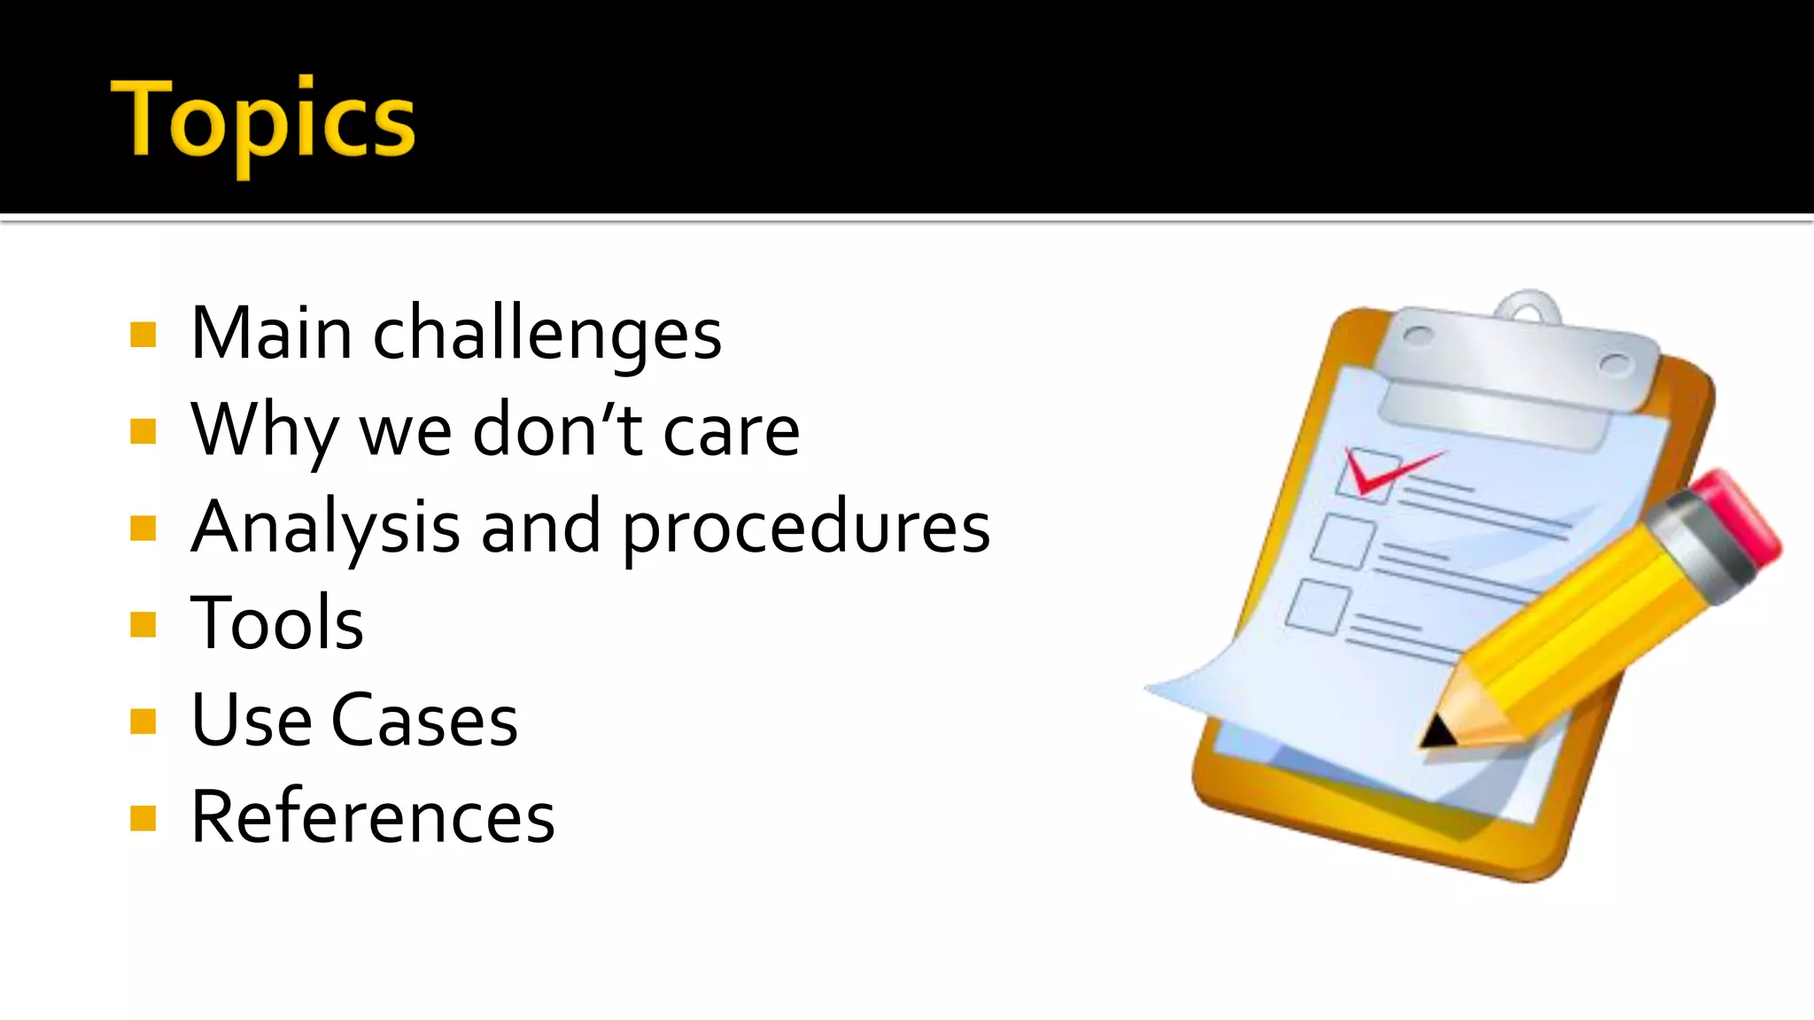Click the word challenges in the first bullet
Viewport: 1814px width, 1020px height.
coord(547,336)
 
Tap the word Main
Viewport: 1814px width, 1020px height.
coord(271,334)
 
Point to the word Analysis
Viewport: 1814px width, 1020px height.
coord(325,528)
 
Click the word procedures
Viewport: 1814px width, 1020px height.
coord(806,529)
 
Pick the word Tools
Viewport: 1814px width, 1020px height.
coord(276,623)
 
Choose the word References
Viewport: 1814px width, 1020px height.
coord(373,816)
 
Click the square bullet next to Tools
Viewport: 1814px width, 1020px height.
coord(143,625)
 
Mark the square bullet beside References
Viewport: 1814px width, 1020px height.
coord(143,818)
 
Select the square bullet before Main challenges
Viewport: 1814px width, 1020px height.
coord(143,336)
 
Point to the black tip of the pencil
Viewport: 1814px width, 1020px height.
coord(1437,731)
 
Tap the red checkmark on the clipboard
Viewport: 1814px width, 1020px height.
coord(1382,470)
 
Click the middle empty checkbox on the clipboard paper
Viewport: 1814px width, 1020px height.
coord(1343,540)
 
